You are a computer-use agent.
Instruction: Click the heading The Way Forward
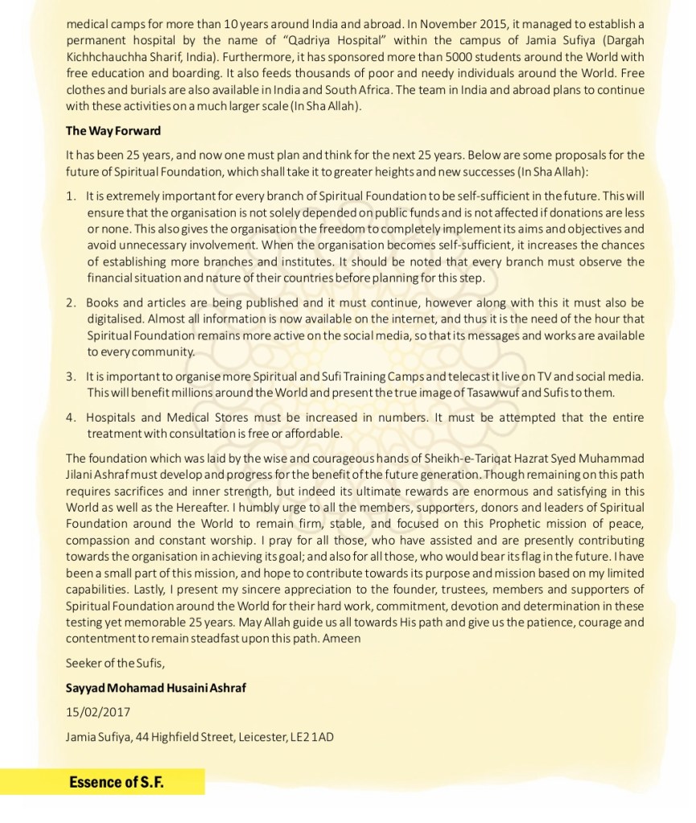tap(113, 131)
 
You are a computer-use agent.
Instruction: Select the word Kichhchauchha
tap(101, 54)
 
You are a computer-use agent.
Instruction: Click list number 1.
tap(72, 196)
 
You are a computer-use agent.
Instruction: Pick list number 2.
tap(72, 302)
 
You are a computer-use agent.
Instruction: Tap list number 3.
tap(72, 377)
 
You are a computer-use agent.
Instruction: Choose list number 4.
tap(72, 418)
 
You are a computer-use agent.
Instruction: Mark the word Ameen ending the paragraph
tap(344, 638)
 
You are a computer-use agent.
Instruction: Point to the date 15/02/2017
tap(97, 713)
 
